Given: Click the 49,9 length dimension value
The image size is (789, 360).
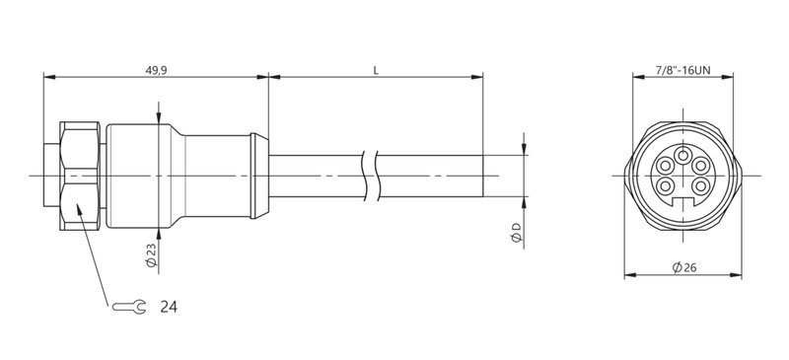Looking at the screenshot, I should tap(157, 71).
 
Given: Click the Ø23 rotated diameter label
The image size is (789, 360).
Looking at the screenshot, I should tap(150, 253).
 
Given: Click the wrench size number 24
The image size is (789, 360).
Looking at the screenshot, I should tap(168, 308).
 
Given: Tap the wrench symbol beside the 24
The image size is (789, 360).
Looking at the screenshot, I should tap(130, 308).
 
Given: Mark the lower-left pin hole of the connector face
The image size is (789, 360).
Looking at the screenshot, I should tap(666, 184).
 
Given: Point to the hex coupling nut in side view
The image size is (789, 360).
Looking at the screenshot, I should tap(79, 176).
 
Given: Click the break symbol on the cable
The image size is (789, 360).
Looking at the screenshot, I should tap(372, 175).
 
